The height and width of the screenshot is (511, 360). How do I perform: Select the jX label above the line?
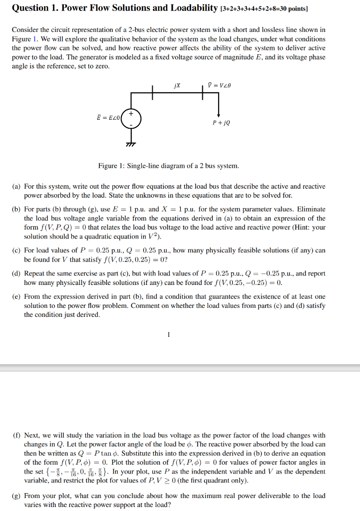177,85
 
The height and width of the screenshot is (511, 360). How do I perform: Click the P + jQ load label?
221,121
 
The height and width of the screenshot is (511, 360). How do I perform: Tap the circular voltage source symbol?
132,118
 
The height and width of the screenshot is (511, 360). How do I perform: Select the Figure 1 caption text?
168,166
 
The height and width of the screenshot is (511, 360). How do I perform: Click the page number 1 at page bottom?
168,334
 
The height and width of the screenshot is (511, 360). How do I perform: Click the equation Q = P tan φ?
106,454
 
